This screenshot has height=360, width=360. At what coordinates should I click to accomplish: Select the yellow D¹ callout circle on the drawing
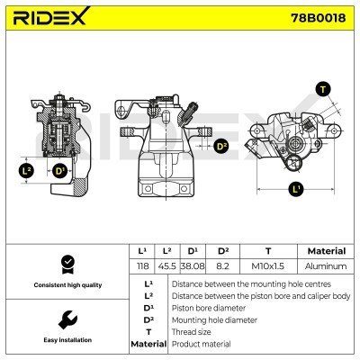pos(59,170)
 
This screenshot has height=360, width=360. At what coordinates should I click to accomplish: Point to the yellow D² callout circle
pos(222,145)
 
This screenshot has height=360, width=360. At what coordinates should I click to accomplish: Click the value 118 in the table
pos(140,266)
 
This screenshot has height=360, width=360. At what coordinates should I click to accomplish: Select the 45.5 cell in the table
pos(166,266)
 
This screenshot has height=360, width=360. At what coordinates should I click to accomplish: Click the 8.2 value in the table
pos(222,266)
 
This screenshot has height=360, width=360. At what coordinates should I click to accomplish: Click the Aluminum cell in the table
pos(326,266)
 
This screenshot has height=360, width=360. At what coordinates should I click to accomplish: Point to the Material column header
pos(326,251)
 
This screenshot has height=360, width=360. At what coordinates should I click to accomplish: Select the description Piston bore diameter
pos(206,307)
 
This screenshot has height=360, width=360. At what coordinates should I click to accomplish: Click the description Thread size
pos(191,331)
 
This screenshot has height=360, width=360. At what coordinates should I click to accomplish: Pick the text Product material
pos(201,344)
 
